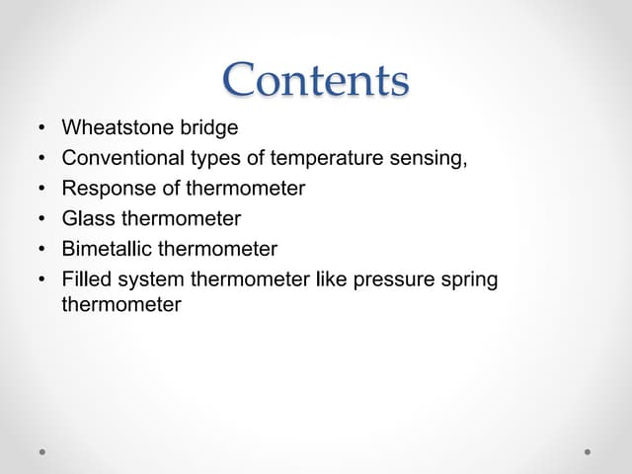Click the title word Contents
[x=315, y=80]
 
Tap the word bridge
[x=207, y=127]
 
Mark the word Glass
[x=88, y=218]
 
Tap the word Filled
[x=85, y=279]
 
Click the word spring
[x=467, y=279]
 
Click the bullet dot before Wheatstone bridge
[x=42, y=128]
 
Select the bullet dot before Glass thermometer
[x=42, y=219]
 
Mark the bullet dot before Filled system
[x=42, y=280]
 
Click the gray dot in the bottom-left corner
[x=43, y=452]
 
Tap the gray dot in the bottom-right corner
[x=588, y=452]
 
